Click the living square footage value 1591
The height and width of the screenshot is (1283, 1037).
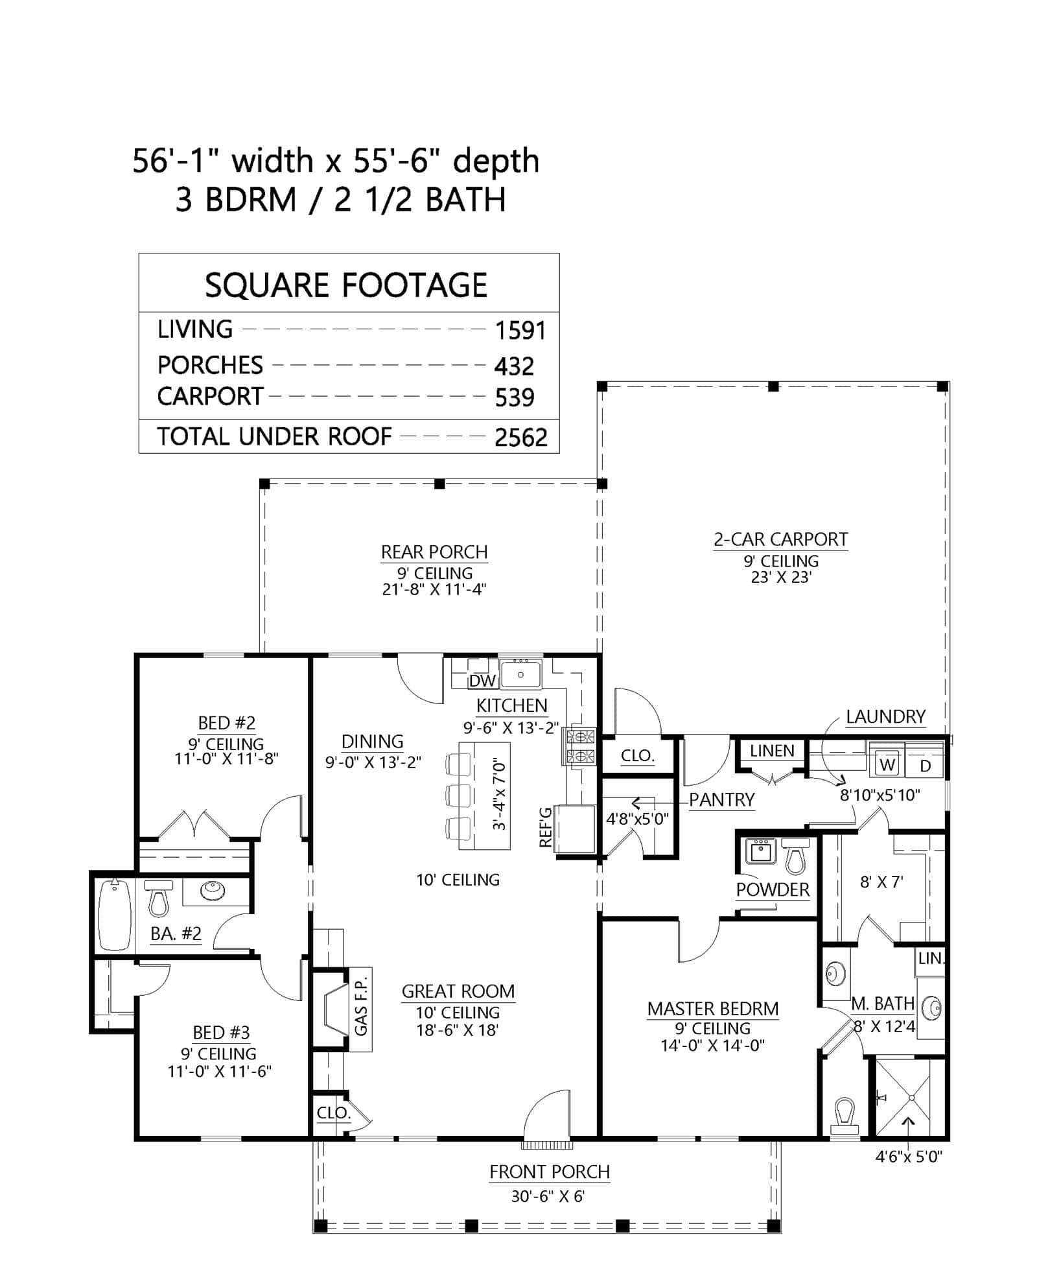(520, 331)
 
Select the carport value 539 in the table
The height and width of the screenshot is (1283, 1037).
(514, 397)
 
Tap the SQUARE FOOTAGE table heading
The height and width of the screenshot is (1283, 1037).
(346, 285)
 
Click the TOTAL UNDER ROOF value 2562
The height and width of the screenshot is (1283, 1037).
(520, 438)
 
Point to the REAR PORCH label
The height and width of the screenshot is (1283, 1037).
(434, 552)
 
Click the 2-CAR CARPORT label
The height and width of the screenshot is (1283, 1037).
(780, 539)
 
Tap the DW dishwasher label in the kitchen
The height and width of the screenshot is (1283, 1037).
(482, 681)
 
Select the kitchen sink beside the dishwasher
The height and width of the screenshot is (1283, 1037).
(520, 674)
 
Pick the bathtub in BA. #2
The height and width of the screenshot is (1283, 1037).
(114, 915)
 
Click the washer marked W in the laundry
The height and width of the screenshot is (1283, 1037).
(887, 765)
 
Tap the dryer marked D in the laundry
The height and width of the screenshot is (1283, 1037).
(926, 766)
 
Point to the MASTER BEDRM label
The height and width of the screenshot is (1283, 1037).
(712, 1009)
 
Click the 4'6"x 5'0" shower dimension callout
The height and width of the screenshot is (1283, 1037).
(909, 1156)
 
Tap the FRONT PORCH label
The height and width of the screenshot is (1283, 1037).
(550, 1172)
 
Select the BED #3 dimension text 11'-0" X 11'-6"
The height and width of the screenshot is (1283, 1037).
(219, 1072)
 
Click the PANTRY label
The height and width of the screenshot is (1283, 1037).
(721, 800)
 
